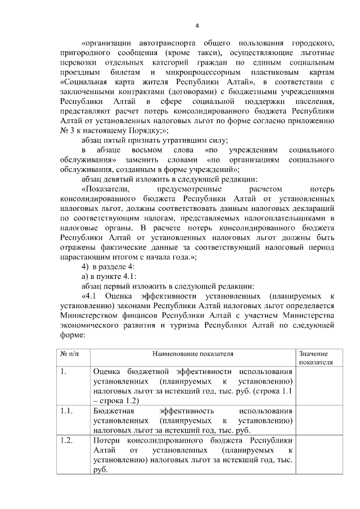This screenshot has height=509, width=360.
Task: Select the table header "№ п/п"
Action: pyautogui.click(x=69, y=354)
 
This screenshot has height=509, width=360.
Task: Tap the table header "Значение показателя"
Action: pyautogui.click(x=315, y=358)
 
